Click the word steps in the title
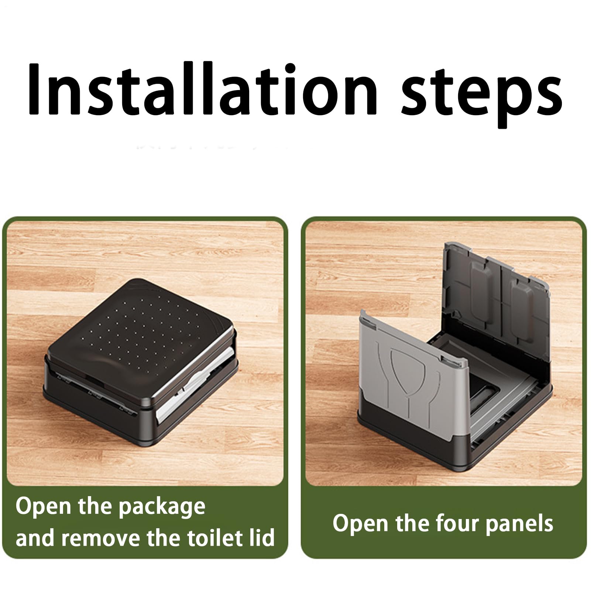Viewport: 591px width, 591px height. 482,96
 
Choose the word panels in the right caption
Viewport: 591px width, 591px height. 519,525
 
